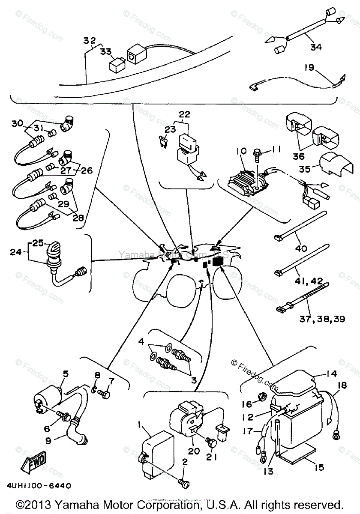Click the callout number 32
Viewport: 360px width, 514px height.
pos(89,41)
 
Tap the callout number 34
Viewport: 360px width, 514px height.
pos(315,47)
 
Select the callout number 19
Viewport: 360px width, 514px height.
pos(310,67)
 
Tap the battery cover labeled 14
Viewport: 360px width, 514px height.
pos(296,383)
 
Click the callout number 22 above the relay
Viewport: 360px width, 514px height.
pos(184,115)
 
